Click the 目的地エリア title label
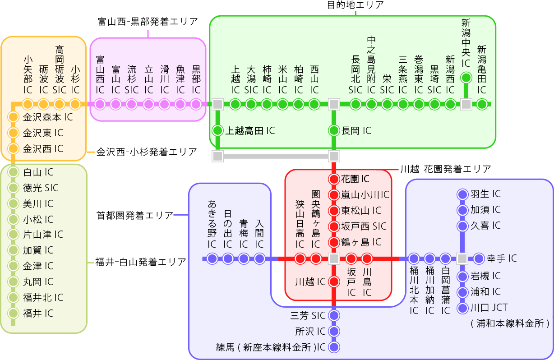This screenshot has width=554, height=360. point(355,5)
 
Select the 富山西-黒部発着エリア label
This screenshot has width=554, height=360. point(148,22)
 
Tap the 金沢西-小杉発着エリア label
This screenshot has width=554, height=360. point(147,152)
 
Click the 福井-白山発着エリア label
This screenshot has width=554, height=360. point(140,262)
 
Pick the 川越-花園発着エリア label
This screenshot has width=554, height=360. point(445,169)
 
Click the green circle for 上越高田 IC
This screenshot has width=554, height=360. point(218,131)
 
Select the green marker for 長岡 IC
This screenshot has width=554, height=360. point(334,131)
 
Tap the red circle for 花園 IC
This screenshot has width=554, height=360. point(334,179)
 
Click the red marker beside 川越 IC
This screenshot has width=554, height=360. point(334,282)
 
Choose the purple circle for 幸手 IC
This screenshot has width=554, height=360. point(479,258)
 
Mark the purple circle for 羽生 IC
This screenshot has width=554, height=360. point(462,194)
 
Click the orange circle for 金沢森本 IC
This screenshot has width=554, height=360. point(14,117)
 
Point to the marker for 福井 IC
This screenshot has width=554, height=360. point(14,313)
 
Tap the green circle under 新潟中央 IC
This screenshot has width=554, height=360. point(466,78)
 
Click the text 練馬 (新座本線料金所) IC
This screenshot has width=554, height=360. point(271,347)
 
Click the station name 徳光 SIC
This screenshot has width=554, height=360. point(41,188)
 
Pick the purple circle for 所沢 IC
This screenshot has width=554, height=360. point(334,332)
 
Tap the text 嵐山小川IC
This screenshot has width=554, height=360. point(365,195)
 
